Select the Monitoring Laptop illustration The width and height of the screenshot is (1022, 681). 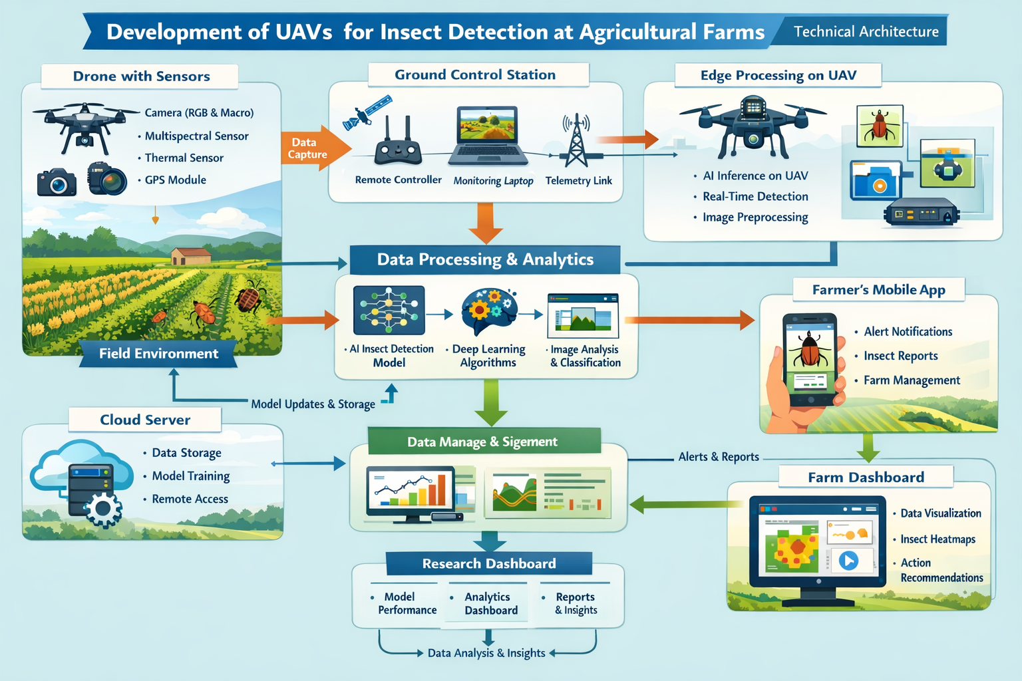pos(488,137)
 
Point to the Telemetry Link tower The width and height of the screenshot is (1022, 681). pos(576,140)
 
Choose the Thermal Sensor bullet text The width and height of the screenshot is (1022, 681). pos(184,158)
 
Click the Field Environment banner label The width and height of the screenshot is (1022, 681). pos(158,353)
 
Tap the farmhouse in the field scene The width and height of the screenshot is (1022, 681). pos(190,255)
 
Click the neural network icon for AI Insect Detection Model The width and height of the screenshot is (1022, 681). pos(389,311)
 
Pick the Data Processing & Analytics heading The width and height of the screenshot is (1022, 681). pos(485,259)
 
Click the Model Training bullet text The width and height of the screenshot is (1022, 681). pos(190,476)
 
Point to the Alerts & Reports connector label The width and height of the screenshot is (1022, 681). pos(719,457)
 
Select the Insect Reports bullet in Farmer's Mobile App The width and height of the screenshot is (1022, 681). pos(900,356)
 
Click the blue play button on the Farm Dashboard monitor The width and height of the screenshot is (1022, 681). pos(848,561)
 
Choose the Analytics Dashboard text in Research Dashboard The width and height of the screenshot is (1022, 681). pos(490,604)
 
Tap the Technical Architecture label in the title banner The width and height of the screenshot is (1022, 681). pos(866,31)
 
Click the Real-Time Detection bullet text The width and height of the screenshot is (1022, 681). pos(755,196)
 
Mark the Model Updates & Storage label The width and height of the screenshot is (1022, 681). pos(313,404)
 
